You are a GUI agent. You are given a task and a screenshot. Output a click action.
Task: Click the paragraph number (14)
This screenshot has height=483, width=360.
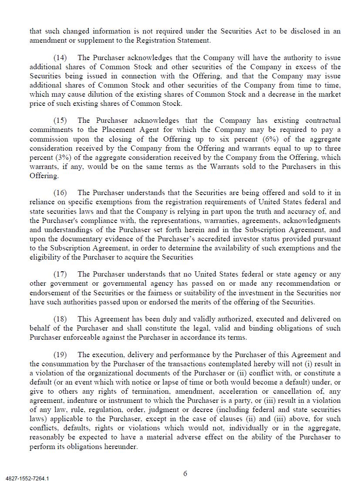coord(60,58)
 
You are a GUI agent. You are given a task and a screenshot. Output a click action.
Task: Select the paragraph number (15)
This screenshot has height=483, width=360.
coord(60,121)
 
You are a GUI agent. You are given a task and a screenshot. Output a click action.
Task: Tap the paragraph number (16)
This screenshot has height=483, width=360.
coord(60,193)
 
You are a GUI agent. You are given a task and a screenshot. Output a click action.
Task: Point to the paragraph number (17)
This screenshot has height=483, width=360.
coord(60,274)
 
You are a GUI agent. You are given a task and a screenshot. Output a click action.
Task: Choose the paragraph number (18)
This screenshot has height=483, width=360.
coord(60,319)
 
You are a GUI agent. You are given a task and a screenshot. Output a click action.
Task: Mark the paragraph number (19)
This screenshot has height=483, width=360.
coord(60,355)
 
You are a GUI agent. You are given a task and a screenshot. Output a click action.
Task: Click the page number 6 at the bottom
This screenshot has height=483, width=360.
coord(185,474)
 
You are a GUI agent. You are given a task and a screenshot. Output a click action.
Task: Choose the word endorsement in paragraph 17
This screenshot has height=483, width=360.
coord(51,293)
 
